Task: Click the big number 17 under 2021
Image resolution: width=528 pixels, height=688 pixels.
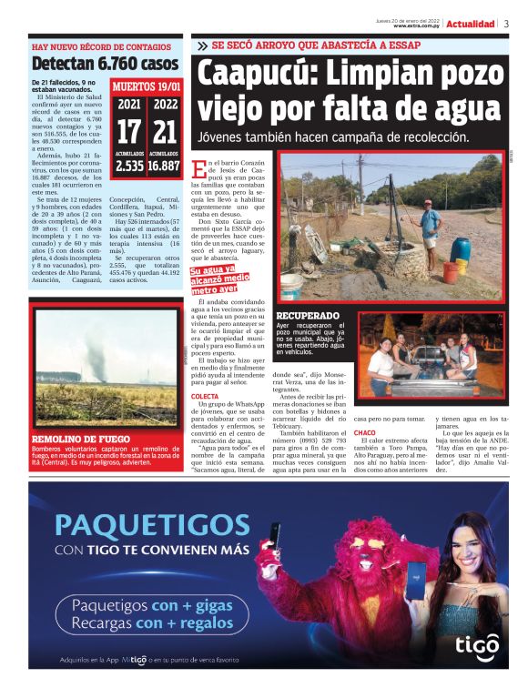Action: point(128,131)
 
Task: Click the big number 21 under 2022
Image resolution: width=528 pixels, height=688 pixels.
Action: point(164,131)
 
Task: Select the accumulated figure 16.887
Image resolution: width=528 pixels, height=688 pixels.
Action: point(164,167)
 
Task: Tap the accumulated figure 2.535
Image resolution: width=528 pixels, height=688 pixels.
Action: point(128,167)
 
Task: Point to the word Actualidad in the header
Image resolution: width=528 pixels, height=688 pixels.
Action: point(471,24)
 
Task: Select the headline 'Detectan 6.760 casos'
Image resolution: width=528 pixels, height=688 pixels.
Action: point(105,64)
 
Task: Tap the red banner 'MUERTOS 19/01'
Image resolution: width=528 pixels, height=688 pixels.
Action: point(146,86)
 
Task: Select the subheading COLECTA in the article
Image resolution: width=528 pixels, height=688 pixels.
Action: point(206,397)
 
